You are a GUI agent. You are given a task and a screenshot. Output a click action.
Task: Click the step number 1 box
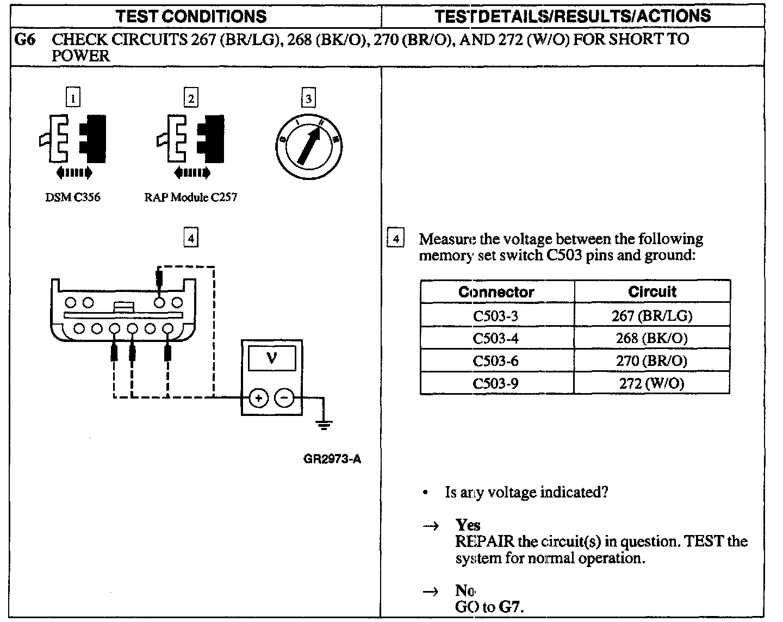pyautogui.click(x=73, y=98)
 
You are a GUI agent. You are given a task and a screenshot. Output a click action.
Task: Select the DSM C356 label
pyautogui.click(x=72, y=197)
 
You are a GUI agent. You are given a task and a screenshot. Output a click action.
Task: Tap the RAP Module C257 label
pyautogui.click(x=191, y=197)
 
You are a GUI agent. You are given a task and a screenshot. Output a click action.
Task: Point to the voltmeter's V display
pyautogui.click(x=272, y=359)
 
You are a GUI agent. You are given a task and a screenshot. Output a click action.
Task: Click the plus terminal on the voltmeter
pyautogui.click(x=258, y=398)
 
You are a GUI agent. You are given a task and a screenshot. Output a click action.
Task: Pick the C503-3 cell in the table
pyautogui.click(x=496, y=316)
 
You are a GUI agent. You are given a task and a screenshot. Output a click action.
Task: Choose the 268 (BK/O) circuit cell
pyautogui.click(x=651, y=338)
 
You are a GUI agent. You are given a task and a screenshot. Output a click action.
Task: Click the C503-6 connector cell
pyautogui.click(x=496, y=361)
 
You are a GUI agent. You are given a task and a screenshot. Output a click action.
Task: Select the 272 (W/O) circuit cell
pyautogui.click(x=651, y=383)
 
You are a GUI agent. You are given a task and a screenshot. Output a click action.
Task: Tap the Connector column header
pyautogui.click(x=496, y=292)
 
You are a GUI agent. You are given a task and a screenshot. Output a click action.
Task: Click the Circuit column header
pyautogui.click(x=652, y=292)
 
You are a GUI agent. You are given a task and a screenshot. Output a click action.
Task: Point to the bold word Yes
pyautogui.click(x=468, y=525)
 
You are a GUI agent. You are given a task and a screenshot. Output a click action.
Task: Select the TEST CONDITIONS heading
pyautogui.click(x=191, y=16)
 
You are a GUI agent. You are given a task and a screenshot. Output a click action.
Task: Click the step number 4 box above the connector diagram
pyautogui.click(x=191, y=238)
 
